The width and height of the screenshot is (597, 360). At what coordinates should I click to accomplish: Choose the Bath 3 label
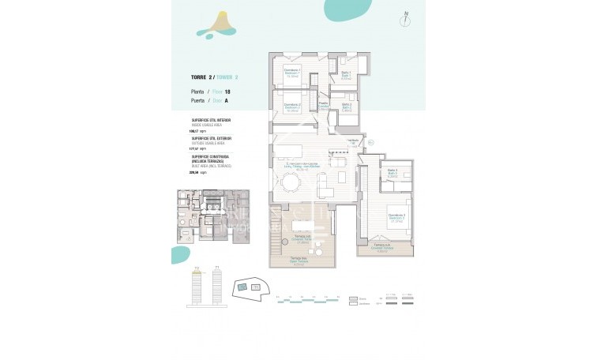pyautogui.click(x=392, y=173)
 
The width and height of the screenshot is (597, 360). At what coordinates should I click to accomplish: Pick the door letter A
pyautogui.click(x=205, y=100)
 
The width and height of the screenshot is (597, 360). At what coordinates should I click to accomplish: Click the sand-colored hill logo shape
pyautogui.click(x=216, y=25)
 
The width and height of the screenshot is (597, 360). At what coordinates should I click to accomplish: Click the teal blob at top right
pyautogui.click(x=348, y=9)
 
